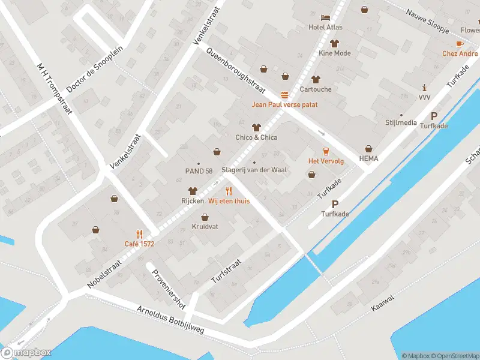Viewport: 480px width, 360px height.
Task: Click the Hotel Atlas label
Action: (325, 27)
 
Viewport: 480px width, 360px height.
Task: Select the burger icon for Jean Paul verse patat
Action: (284, 95)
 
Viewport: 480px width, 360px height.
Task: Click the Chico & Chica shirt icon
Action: (256, 127)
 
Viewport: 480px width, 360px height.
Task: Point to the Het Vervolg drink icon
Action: (326, 151)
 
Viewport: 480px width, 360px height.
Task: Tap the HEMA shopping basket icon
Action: (368, 148)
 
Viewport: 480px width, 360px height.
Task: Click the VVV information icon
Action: (425, 88)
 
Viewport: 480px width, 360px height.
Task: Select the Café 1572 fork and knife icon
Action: (140, 233)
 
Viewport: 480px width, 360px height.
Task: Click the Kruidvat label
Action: (204, 227)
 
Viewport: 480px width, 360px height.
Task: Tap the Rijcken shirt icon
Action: (193, 190)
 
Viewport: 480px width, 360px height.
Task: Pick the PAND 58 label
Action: (199, 171)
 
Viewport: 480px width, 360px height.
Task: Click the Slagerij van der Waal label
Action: (254, 170)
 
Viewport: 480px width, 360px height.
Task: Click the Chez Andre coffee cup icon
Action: (460, 44)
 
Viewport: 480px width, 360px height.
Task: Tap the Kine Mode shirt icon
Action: (334, 43)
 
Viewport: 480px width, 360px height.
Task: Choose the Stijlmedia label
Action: (401, 122)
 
